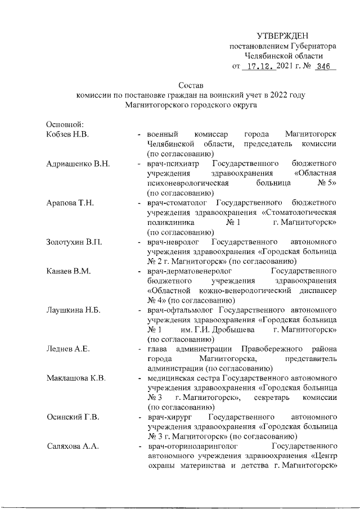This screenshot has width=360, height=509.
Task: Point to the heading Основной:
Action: pyautogui.click(x=65, y=124)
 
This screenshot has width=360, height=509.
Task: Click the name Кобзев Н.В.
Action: pyautogui.click(x=69, y=134)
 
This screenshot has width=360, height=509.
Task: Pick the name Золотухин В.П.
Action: pyautogui.click(x=75, y=242)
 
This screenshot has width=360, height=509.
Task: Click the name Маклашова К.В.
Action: pyautogui.click(x=76, y=379)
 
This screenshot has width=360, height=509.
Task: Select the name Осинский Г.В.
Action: pyautogui.click(x=73, y=418)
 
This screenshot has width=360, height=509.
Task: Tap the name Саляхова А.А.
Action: pyautogui.click(x=73, y=447)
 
